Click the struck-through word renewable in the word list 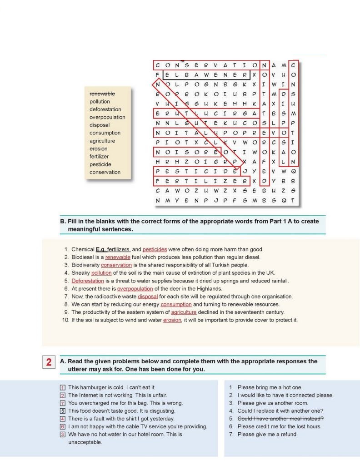pyautogui.click(x=102, y=94)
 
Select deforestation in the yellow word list pyautogui.click(x=105, y=109)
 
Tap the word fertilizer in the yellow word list pyautogui.click(x=99, y=156)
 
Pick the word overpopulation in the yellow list pyautogui.click(x=107, y=117)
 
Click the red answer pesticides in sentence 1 pyautogui.click(x=155, y=249)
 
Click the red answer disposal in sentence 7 pyautogui.click(x=148, y=297)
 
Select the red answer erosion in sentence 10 pyautogui.click(x=172, y=320)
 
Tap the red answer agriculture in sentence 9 pyautogui.click(x=184, y=312)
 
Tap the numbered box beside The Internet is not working pyautogui.click(x=63, y=395)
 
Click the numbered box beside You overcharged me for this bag pyautogui.click(x=63, y=403)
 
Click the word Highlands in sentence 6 pyautogui.click(x=209, y=289)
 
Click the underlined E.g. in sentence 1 pyautogui.click(x=100, y=249)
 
